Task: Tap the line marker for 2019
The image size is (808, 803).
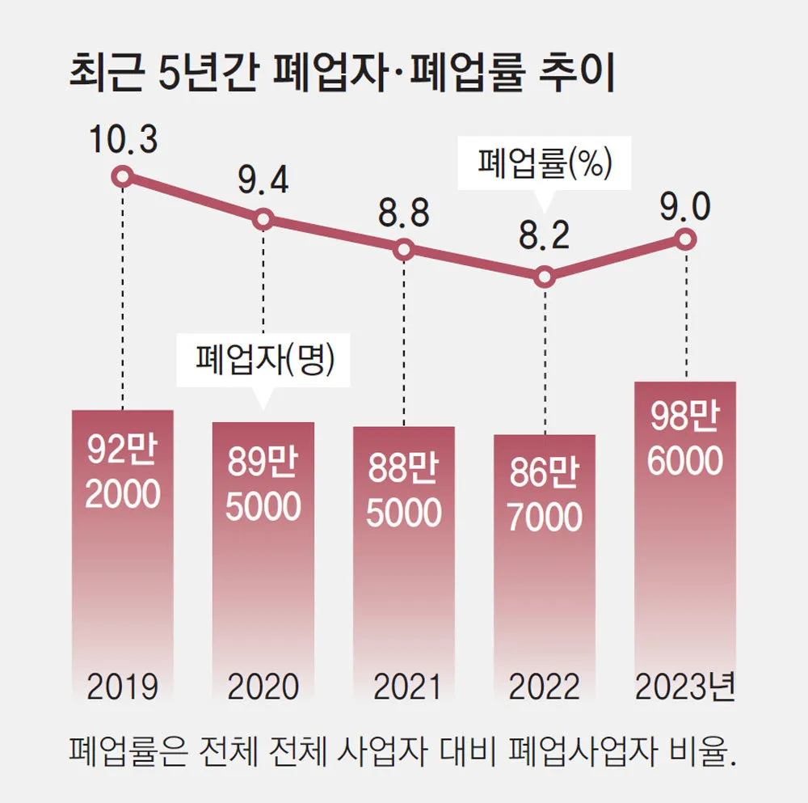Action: click(122, 175)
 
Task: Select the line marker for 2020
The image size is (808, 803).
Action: click(263, 219)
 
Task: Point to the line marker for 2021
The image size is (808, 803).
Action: click(404, 250)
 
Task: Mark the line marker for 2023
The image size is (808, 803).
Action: click(686, 239)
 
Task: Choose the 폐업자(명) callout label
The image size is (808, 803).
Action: click(264, 357)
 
